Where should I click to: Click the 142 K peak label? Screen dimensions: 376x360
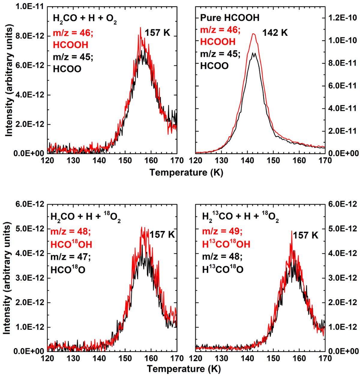(x=275, y=33)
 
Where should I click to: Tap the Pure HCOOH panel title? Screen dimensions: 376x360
(x=229, y=18)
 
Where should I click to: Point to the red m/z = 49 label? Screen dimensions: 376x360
(x=222, y=231)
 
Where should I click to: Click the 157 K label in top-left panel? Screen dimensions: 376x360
(x=157, y=33)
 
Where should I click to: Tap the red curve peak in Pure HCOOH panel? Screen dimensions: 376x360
(x=254, y=34)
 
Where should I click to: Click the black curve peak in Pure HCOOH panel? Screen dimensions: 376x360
(x=254, y=53)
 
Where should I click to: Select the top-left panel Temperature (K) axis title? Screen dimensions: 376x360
(x=186, y=172)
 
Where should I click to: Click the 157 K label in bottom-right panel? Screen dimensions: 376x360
(x=305, y=235)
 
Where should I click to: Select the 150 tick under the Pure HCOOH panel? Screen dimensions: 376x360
(x=273, y=160)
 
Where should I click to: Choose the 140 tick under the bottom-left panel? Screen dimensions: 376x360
(x=99, y=358)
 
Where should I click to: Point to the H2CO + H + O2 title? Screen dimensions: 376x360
(x=85, y=19)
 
